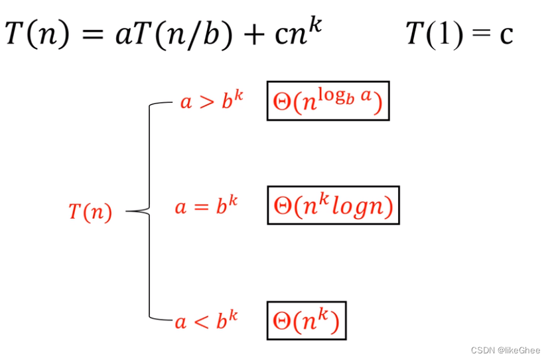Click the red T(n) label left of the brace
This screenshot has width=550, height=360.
90,212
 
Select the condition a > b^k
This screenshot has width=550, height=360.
212,102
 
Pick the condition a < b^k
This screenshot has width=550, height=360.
206,321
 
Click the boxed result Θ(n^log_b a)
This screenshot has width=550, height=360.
328,101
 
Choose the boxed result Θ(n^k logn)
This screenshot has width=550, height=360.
333,206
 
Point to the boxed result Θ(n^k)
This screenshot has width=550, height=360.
306,321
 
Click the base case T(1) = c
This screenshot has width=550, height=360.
459,33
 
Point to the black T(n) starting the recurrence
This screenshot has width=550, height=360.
37,33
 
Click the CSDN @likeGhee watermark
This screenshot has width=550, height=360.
506,349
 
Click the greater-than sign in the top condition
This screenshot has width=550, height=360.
206,103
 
